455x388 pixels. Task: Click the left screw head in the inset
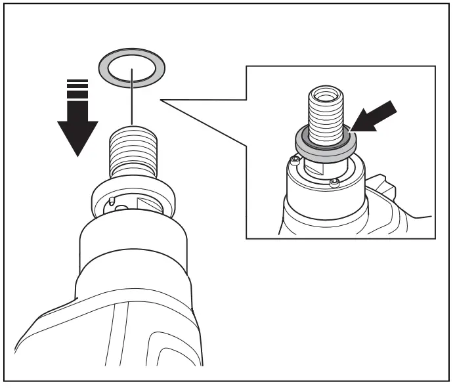[x=296, y=160]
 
